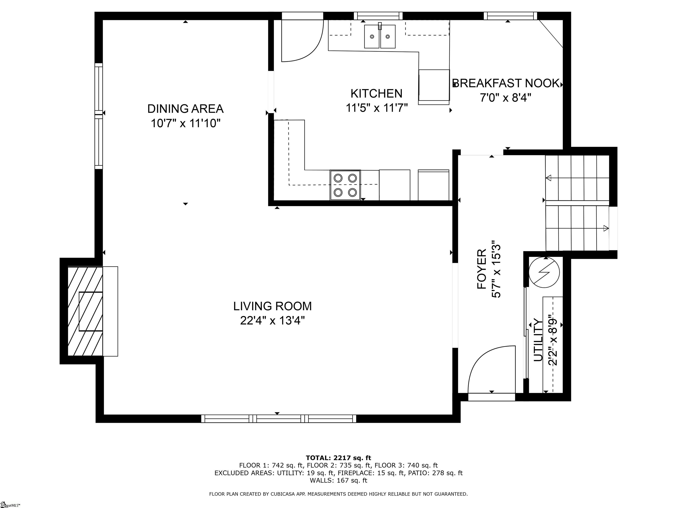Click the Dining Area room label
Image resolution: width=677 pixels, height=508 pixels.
[x=186, y=109]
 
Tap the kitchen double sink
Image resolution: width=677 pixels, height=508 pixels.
[x=379, y=36]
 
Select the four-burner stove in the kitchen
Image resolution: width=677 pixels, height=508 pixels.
[x=345, y=185]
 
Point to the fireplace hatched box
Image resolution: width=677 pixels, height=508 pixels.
[x=85, y=311]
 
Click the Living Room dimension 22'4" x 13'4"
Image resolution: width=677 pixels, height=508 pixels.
[x=272, y=321]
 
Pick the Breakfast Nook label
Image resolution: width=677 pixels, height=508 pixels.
[x=506, y=83]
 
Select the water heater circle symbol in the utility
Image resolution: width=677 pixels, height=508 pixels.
[x=544, y=272]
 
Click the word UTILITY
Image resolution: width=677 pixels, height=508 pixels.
[x=538, y=340]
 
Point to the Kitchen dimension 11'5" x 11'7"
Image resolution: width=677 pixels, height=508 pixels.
[x=377, y=108]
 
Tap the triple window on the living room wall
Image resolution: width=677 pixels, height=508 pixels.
[x=279, y=418]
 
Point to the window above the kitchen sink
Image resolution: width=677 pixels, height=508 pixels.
[x=378, y=16]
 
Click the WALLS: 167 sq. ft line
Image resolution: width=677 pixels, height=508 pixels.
[x=338, y=480]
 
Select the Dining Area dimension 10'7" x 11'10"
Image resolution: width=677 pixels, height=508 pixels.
[x=186, y=123]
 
